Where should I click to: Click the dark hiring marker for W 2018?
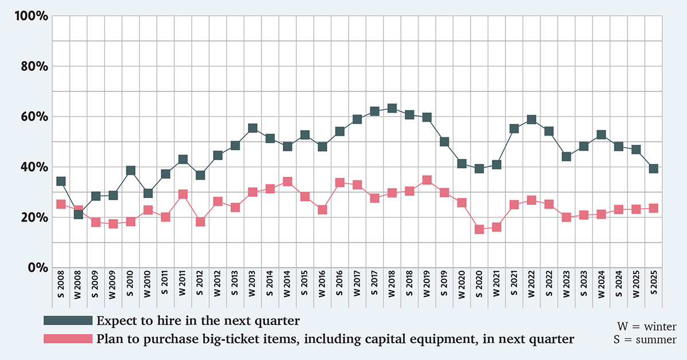click(392, 108)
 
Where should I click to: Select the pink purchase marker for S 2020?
click(480, 230)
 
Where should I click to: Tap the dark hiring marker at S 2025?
click(654, 168)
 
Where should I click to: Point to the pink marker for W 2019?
click(427, 180)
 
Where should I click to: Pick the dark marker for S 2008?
click(61, 181)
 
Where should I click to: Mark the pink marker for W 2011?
click(183, 195)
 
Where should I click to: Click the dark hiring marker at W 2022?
click(532, 120)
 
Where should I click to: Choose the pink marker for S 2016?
click(339, 183)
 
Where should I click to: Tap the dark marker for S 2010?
click(131, 171)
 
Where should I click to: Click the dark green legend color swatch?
click(68, 319)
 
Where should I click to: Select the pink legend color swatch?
click(68, 339)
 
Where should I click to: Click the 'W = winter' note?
click(646, 327)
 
